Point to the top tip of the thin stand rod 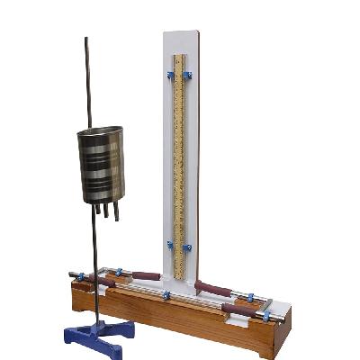click(x=86, y=40)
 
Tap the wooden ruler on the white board click(x=179, y=162)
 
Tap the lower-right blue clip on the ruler click(x=187, y=246)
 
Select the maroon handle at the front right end click(x=239, y=309)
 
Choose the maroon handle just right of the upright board click(x=213, y=289)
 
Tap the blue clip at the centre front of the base click(x=166, y=294)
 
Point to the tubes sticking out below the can click(x=106, y=211)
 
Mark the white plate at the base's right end click(x=276, y=310)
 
